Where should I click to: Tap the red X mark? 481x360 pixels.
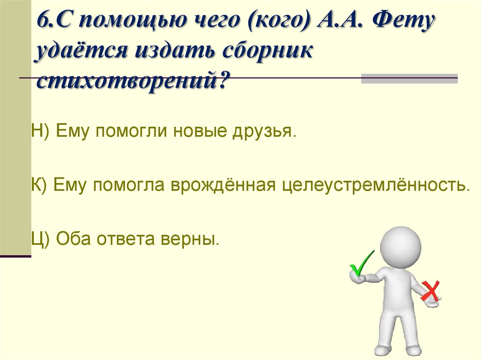point(430,291)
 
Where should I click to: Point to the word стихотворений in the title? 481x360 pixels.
point(132,82)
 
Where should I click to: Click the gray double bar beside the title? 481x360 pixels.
point(409,78)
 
